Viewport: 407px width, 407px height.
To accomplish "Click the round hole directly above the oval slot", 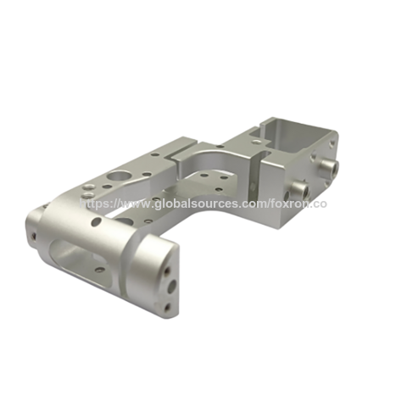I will (x=97, y=222).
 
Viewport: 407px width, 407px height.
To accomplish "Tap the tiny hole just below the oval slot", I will (x=101, y=270).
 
